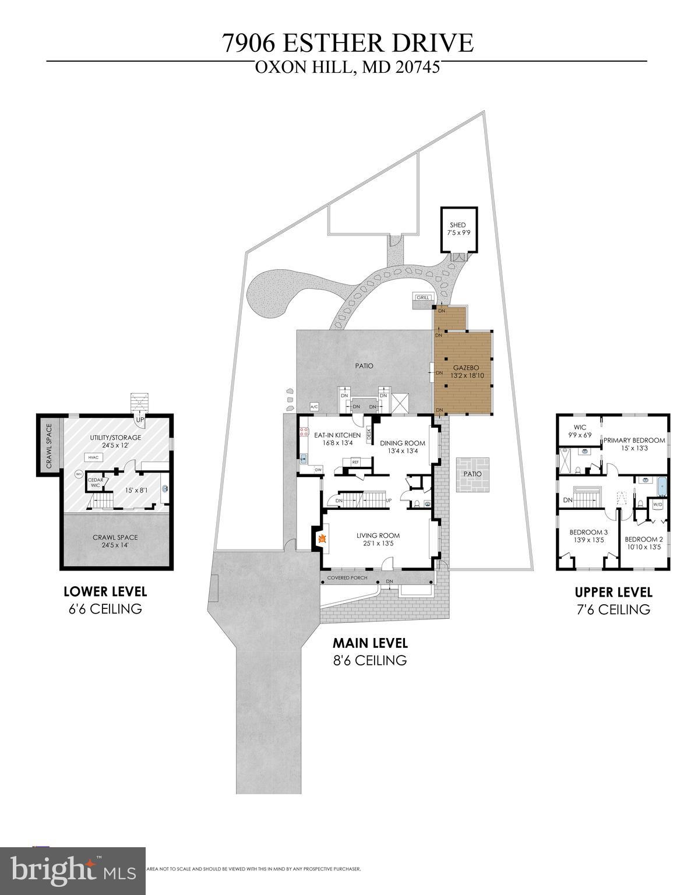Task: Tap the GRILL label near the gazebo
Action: pos(422,298)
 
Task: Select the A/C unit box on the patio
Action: pos(314,407)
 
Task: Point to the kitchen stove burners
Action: pos(304,432)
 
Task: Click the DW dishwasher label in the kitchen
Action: pos(318,469)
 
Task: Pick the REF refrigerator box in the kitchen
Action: pos(354,462)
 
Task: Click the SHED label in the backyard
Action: pos(457,225)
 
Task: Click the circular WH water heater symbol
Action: pos(79,474)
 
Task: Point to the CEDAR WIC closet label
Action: pos(96,482)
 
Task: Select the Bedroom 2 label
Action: pos(644,539)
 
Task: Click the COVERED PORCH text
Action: pos(347,578)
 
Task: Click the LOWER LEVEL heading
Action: pos(105,591)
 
